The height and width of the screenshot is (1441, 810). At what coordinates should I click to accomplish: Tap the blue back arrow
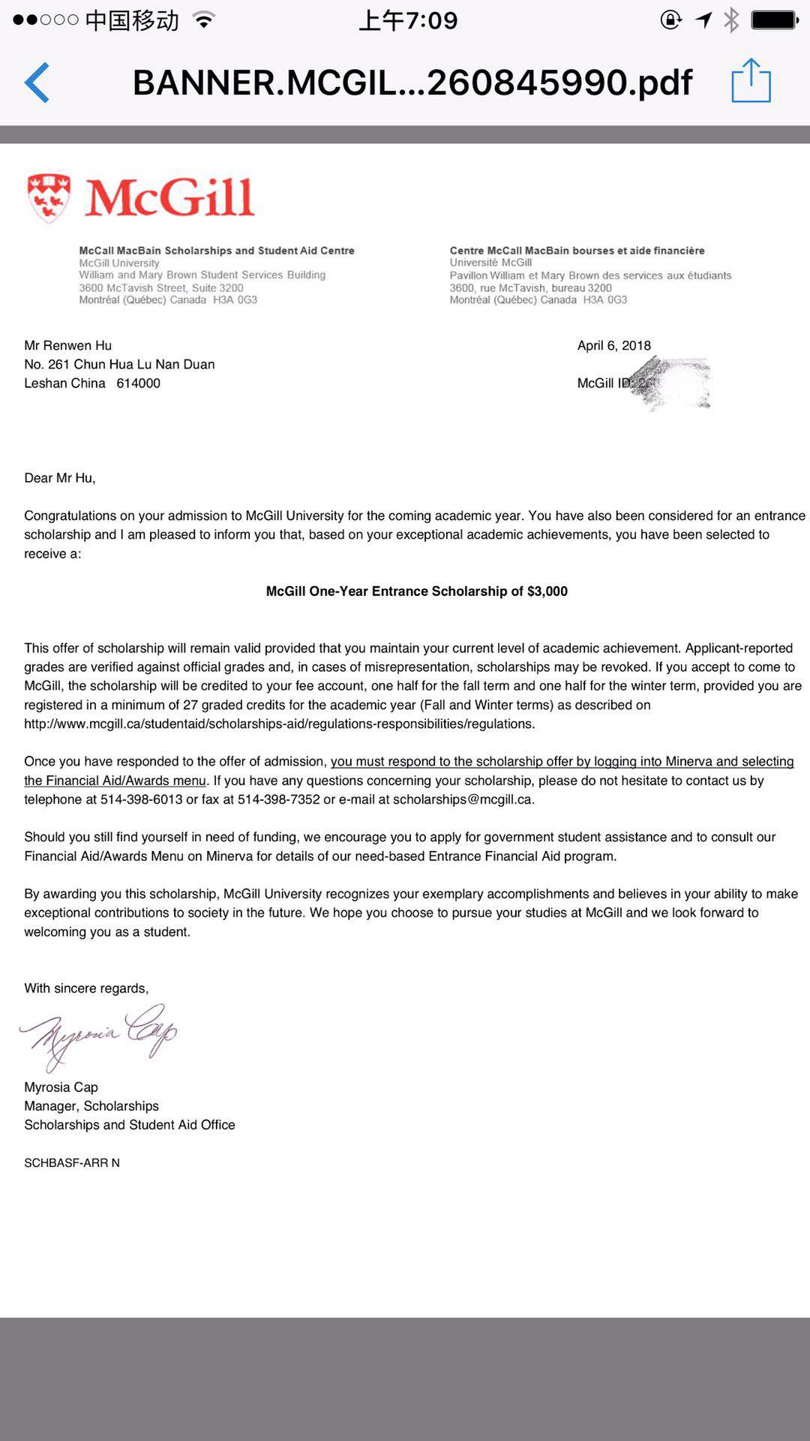point(37,82)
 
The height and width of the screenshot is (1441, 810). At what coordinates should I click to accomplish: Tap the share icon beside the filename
point(751,80)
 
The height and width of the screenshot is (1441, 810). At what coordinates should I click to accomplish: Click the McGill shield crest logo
point(49,198)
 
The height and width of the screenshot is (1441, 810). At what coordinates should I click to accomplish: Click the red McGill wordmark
point(169,198)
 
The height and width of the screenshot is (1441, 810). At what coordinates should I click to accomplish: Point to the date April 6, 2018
point(613,345)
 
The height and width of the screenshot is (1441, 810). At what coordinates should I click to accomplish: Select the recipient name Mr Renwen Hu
point(67,345)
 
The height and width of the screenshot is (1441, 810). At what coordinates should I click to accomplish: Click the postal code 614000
point(138,384)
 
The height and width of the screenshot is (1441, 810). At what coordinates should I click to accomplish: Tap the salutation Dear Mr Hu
point(59,478)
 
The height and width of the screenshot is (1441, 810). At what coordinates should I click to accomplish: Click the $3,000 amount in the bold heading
point(547,591)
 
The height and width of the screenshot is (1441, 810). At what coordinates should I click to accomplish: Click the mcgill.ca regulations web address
point(279,724)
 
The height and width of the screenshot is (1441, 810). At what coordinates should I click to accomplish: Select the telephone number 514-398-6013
point(141,800)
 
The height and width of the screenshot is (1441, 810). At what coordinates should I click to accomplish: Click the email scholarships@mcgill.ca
point(463,800)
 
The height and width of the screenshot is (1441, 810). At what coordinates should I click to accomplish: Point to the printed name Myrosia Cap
point(61,1088)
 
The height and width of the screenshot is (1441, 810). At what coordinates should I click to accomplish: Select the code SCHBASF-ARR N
point(71,1163)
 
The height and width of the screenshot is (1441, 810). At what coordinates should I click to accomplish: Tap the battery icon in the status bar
point(773,20)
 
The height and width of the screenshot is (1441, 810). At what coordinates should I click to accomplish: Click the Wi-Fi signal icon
point(203,20)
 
